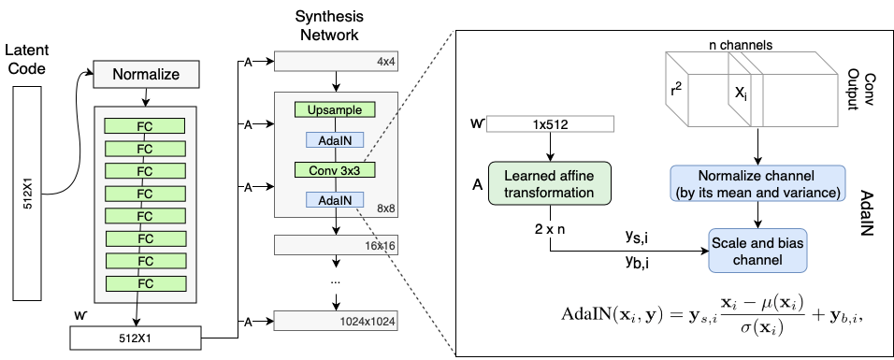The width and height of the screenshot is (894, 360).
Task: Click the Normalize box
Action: click(146, 74)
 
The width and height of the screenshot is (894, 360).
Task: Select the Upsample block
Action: click(335, 110)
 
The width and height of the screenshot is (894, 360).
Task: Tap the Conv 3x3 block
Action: click(335, 170)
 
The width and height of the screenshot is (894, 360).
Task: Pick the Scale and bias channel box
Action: click(757, 251)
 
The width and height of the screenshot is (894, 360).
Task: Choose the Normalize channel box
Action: click(757, 183)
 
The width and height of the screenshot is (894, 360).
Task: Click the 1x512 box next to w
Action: click(551, 123)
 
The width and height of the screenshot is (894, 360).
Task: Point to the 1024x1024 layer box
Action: click(336, 321)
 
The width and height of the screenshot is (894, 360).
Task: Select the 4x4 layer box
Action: click(336, 62)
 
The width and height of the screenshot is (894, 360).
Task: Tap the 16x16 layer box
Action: click(336, 245)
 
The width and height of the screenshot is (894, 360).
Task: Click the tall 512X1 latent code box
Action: click(28, 194)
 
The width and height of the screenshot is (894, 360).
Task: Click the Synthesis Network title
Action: click(330, 25)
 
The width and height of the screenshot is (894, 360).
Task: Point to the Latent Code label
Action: click(27, 59)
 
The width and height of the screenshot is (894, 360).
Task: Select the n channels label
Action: click(741, 45)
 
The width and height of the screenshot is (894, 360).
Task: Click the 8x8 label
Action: click(385, 209)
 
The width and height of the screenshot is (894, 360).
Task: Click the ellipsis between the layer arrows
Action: click(335, 281)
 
